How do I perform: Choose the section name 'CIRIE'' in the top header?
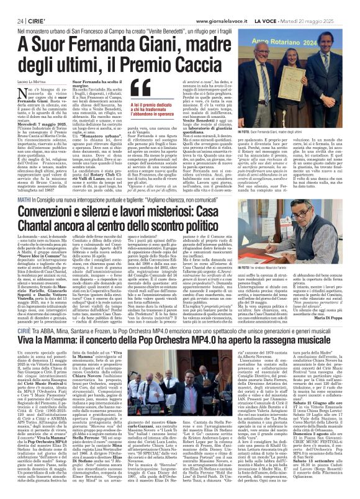coord(34,22)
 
